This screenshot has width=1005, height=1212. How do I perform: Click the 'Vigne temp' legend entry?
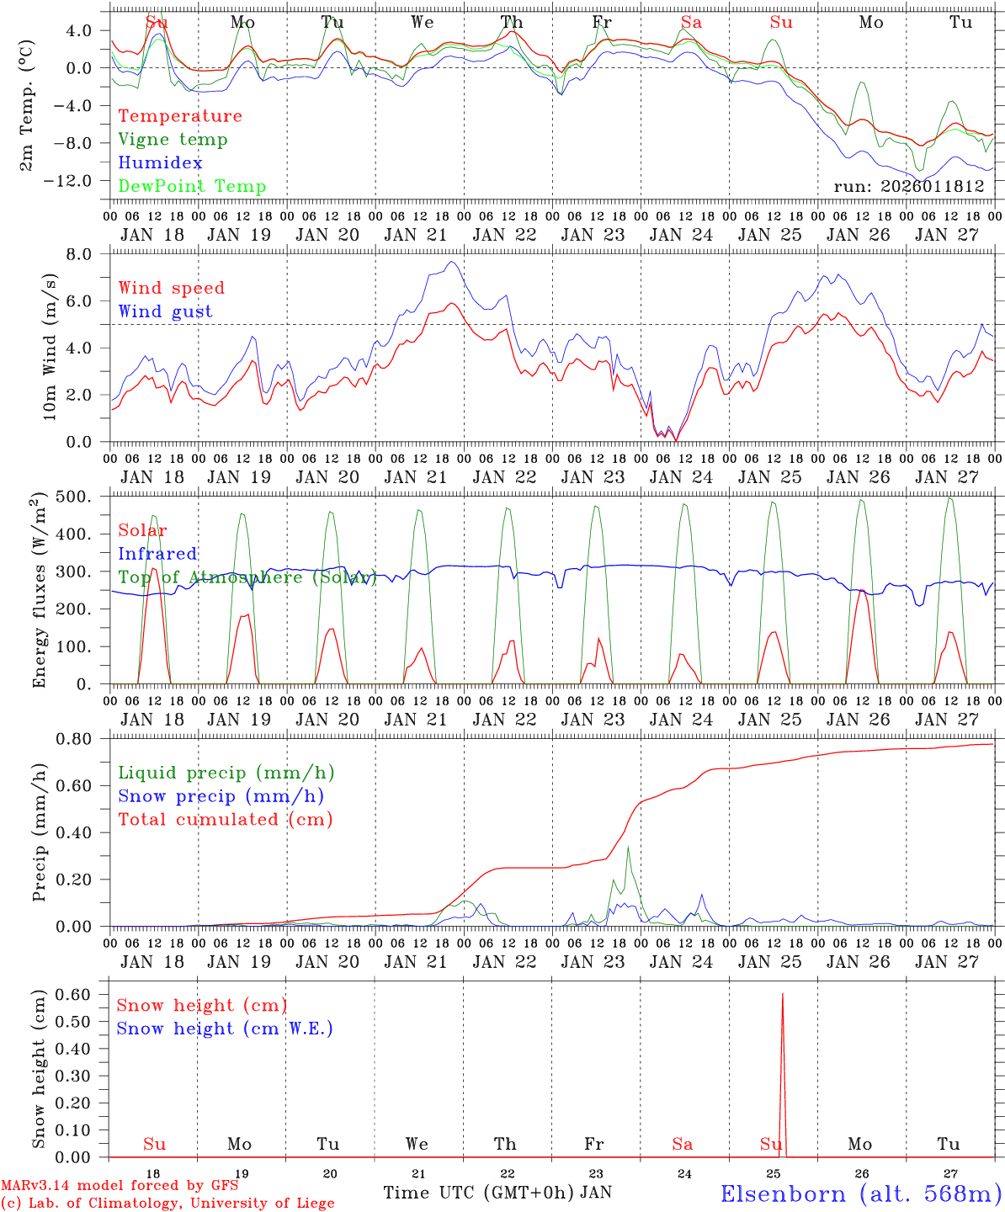[173, 140]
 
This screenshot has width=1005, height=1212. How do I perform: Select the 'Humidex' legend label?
[160, 163]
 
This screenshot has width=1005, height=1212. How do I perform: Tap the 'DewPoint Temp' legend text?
[192, 187]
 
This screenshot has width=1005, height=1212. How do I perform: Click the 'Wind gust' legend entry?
[165, 311]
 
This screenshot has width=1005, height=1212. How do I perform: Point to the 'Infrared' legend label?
[157, 554]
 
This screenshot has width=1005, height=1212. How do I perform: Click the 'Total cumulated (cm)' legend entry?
[226, 820]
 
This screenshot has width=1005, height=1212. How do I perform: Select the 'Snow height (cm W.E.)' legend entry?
[225, 1029]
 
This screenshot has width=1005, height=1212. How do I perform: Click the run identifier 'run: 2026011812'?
[909, 187]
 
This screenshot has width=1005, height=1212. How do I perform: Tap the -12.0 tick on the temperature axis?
[70, 181]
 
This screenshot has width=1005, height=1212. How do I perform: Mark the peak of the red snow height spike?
[782, 994]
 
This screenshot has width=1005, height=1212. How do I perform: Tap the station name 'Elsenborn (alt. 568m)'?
[860, 1193]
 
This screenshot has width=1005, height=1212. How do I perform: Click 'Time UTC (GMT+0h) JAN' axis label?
[497, 1193]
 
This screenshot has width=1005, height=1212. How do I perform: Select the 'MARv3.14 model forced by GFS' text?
[120, 1186]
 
